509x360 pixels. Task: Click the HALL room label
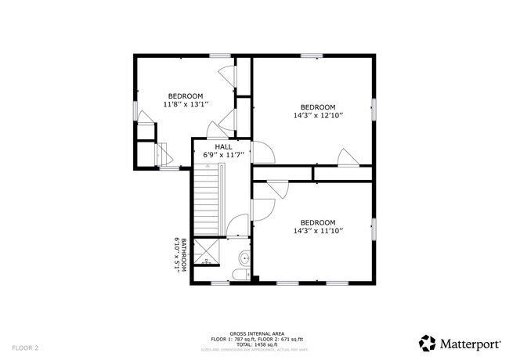[224, 146]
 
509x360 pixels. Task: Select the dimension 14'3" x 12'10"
[318, 116]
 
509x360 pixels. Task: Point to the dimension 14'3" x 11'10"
[318, 231]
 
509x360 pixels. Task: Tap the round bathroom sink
[244, 257]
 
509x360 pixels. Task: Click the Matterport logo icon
[428, 343]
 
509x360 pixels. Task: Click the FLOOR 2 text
[25, 347]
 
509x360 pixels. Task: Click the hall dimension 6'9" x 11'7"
[224, 155]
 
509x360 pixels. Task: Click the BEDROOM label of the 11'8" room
[183, 95]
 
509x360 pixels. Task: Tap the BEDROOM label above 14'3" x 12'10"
[318, 107]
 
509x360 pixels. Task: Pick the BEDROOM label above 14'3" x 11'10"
[318, 222]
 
